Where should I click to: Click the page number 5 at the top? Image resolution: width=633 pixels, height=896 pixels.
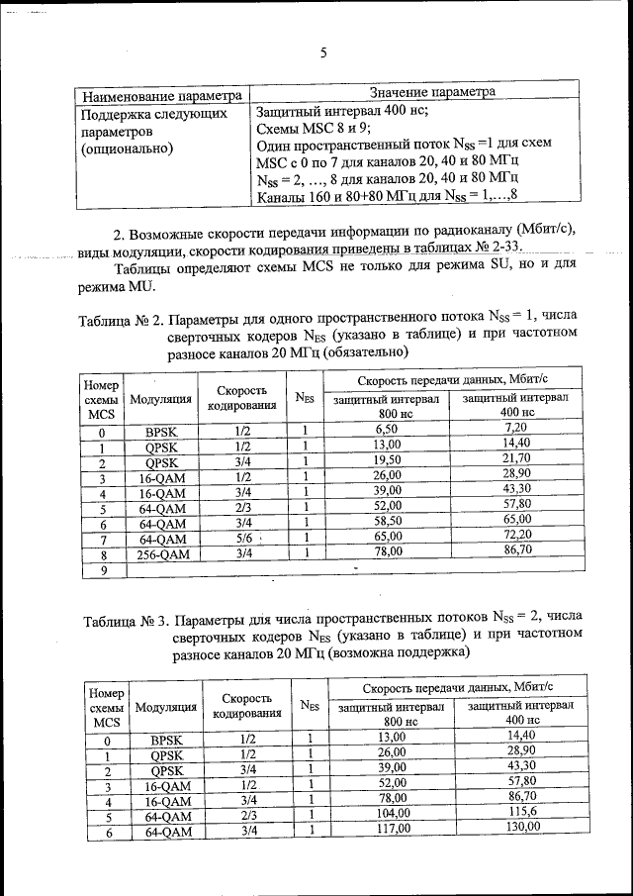click(x=323, y=54)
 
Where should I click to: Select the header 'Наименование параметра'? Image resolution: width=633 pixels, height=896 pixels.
click(x=162, y=96)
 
